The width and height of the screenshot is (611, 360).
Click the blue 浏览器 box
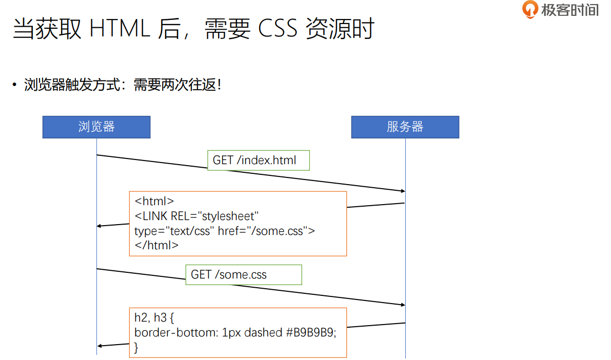point(96,127)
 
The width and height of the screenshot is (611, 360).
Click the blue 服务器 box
point(405,127)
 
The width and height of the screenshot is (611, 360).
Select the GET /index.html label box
point(259,161)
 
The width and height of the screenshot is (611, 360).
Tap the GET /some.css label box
point(244,275)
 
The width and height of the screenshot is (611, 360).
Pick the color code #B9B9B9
point(310,333)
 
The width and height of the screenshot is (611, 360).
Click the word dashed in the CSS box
point(263,333)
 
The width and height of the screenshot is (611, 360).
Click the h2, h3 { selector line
point(154,318)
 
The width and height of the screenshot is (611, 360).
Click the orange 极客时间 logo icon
point(530,9)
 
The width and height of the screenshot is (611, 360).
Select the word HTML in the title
point(120,29)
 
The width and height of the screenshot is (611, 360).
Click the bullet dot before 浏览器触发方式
point(15,85)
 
